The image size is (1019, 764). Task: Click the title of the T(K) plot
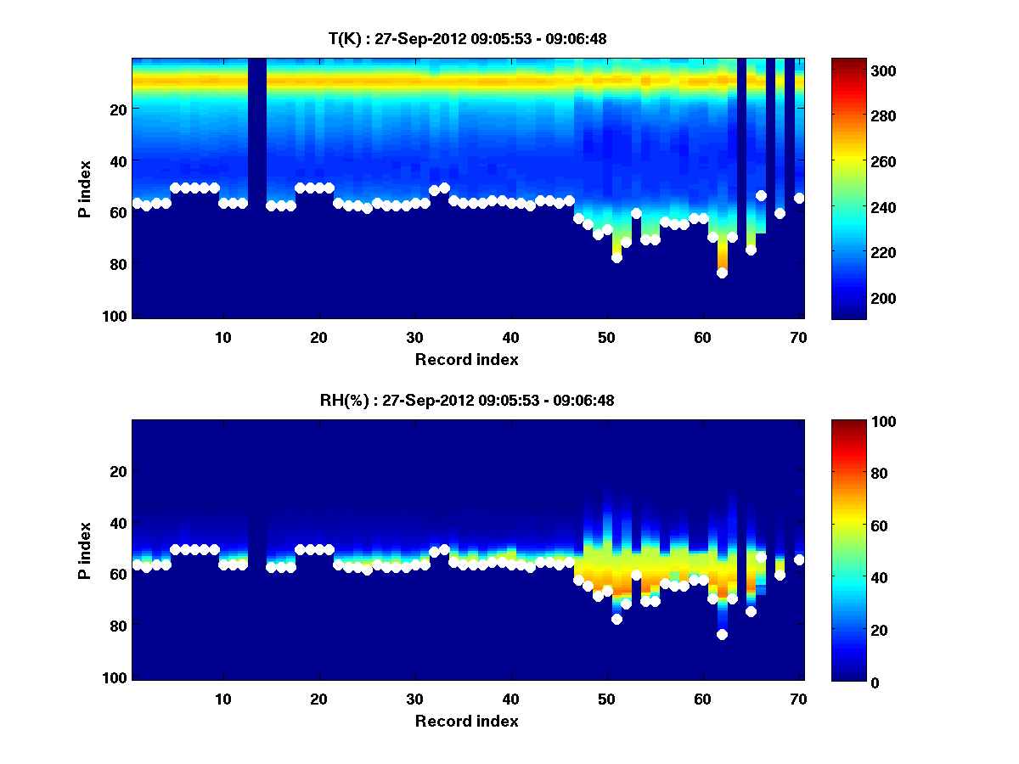[467, 37]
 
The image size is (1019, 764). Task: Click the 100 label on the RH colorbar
[853, 422]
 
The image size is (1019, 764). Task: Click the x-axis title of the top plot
[467, 359]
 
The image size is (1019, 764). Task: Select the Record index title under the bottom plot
[467, 721]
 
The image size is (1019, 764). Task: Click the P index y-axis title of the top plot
[85, 188]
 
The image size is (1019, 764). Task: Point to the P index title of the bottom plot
[85, 550]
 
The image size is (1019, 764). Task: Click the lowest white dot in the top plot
[722, 272]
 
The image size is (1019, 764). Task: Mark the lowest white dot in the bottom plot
[722, 634]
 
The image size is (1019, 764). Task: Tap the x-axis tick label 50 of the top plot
[606, 337]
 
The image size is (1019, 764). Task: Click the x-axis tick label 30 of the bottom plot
[414, 699]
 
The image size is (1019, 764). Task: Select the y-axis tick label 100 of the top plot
[116, 316]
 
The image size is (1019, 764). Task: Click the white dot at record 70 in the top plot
[799, 198]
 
